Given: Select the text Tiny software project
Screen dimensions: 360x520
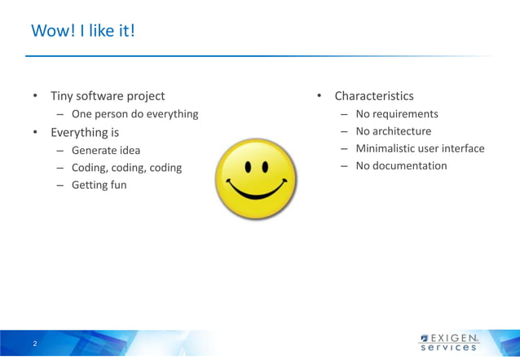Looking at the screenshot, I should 108,96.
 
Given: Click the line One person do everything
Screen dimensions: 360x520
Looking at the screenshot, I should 134,114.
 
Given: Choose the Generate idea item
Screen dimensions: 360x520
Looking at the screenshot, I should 106,150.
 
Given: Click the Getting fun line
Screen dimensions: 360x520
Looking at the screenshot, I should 99,185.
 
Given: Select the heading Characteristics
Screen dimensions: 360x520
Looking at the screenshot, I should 374,96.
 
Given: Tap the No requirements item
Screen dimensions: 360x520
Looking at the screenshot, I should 397,114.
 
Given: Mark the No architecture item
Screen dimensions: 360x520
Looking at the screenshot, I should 394,131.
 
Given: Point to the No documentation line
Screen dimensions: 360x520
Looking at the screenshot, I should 401,165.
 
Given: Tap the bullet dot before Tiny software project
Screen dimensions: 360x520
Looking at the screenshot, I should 35,97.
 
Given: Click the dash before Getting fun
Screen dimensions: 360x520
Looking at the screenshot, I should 61,185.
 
